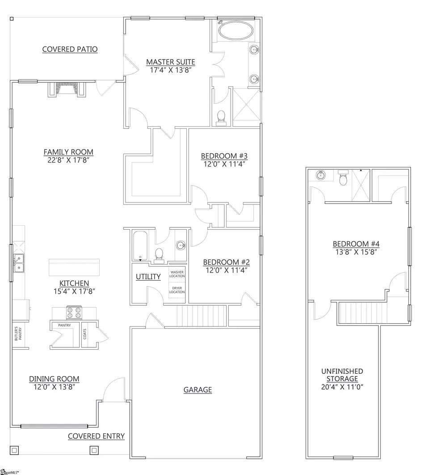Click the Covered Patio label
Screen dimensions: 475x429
pos(70,49)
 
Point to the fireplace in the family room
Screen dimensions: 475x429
pos(67,90)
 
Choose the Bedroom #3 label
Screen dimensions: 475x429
pos(224,156)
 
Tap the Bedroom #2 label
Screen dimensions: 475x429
pos(226,262)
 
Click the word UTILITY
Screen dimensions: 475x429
pos(148,277)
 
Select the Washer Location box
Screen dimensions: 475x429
pos(177,274)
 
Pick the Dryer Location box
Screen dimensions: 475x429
pos(177,290)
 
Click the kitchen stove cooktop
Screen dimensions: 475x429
pos(74,311)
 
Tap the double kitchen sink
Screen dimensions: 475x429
pos(19,263)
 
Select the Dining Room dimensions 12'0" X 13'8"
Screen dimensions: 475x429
pos(55,387)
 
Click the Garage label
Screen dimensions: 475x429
pos(198,390)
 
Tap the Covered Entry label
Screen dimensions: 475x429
pos(96,436)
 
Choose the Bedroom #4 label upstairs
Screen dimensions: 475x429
pos(356,244)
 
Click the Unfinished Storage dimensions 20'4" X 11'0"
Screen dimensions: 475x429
pos(342,387)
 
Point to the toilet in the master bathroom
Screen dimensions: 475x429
pos(220,117)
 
